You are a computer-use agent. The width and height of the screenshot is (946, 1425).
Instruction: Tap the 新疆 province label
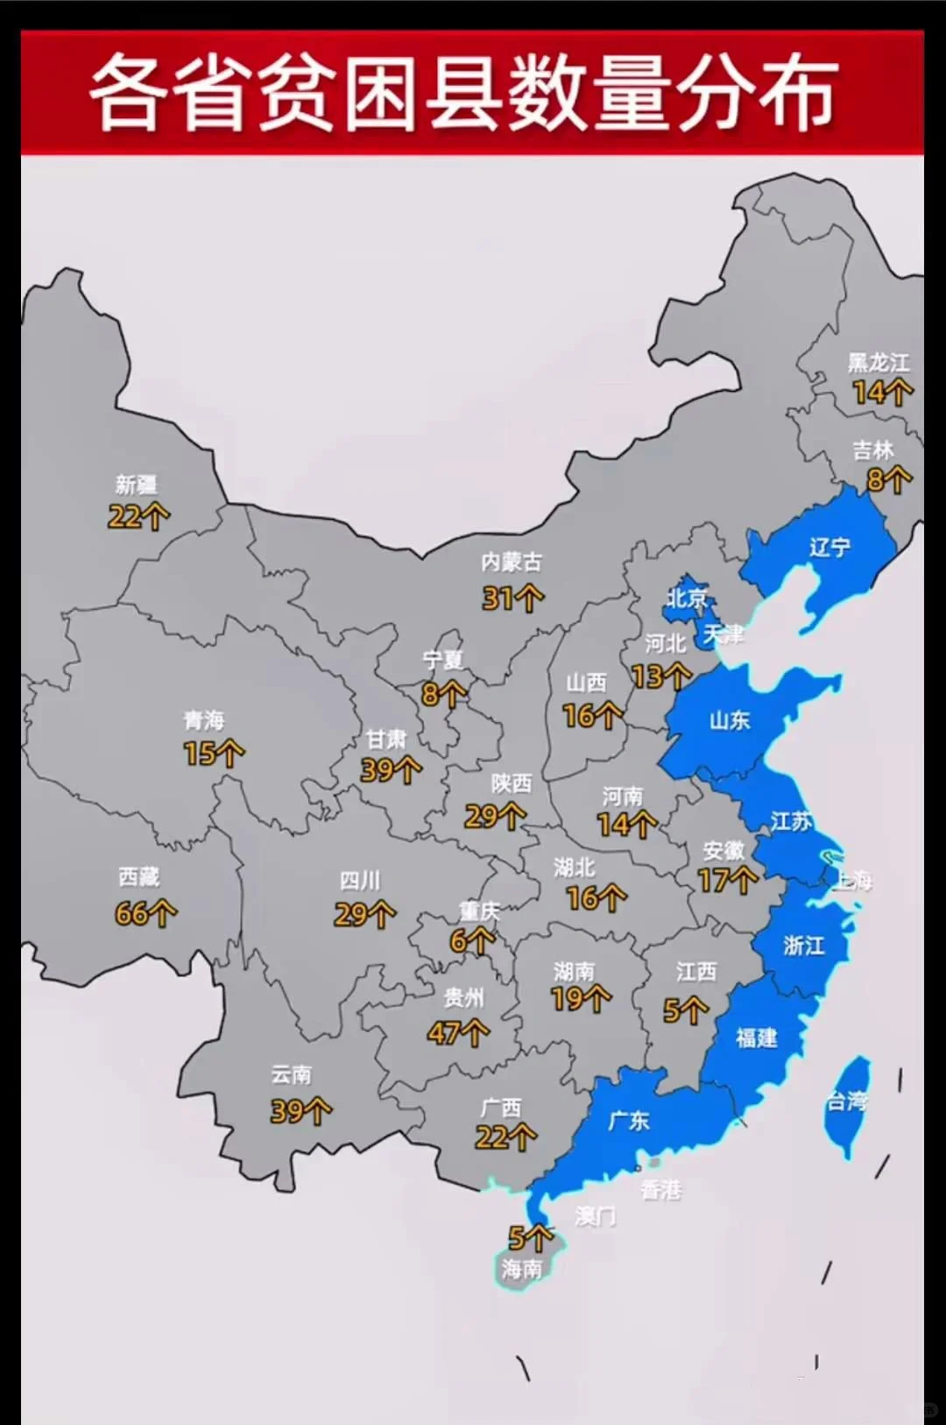pos(137,485)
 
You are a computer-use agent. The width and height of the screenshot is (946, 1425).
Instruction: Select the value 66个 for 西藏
pos(145,913)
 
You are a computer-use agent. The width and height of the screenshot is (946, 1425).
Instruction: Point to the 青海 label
pos(204,720)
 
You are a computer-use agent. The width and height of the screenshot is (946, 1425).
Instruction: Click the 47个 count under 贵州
pos(458,1033)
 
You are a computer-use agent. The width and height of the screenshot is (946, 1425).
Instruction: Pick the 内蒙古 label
pos(512,563)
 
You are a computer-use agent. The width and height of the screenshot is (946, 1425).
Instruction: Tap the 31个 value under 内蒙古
pos(512,599)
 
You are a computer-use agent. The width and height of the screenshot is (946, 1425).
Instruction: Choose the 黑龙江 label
pos(879,362)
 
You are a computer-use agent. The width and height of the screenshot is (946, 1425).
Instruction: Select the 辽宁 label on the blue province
pos(830,548)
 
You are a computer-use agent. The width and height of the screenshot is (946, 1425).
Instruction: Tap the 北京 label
pos(687,599)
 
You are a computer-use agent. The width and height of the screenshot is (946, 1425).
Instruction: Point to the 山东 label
pos(730,720)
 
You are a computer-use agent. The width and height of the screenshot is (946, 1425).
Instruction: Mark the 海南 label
pos(522,1268)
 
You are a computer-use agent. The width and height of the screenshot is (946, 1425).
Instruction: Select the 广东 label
pos(629,1120)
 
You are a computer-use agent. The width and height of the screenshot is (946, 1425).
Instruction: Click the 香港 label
pos(660,1189)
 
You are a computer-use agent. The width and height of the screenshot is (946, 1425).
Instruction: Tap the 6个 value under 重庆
pos(471,941)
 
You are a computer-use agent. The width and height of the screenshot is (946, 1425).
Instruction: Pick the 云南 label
pos(292,1074)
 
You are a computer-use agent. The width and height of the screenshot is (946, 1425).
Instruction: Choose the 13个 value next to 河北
pos(660,677)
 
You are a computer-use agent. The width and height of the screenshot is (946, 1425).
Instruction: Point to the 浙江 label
pos(803,945)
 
